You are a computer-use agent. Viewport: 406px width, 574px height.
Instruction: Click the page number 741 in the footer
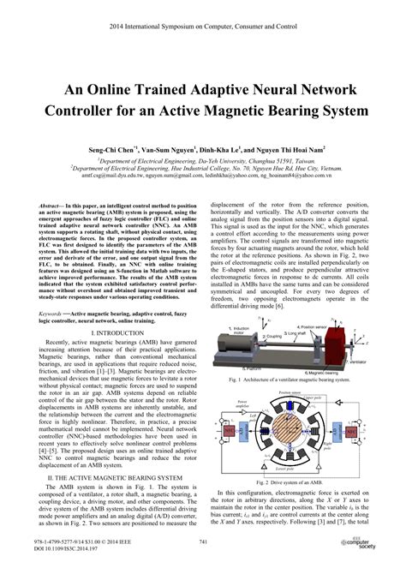203,542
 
